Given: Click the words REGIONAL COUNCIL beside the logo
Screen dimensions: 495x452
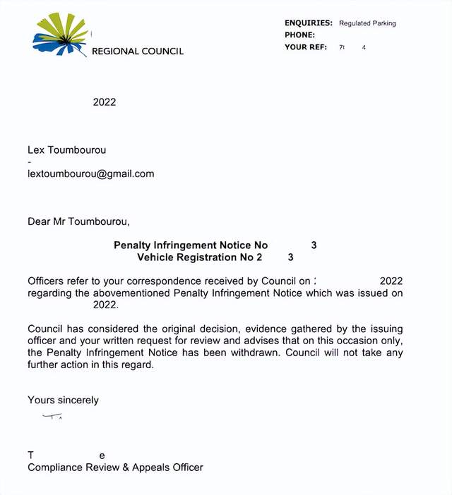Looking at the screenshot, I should [x=138, y=51].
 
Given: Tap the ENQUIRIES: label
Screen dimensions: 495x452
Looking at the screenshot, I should [x=309, y=23].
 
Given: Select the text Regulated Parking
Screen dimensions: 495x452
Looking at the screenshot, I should [x=367, y=23].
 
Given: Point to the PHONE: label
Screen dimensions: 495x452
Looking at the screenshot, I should [x=299, y=35].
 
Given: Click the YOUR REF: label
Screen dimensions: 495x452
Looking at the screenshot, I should [x=306, y=47].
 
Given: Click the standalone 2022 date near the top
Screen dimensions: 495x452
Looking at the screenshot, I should [x=105, y=102].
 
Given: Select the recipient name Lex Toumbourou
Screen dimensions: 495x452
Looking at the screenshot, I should [x=67, y=150].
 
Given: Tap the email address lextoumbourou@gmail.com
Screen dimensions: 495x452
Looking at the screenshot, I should [x=90, y=173].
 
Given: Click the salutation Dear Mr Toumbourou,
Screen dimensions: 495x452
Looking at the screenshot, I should [x=78, y=221].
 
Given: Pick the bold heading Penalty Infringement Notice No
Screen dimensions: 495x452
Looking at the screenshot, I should [x=191, y=245].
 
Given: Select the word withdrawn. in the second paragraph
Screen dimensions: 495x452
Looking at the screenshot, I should [x=258, y=353].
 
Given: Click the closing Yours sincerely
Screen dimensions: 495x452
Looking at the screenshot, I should [x=64, y=400].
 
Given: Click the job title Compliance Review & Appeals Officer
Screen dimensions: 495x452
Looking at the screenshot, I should [x=115, y=467].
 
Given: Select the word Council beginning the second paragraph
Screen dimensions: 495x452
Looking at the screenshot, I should [x=46, y=329].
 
